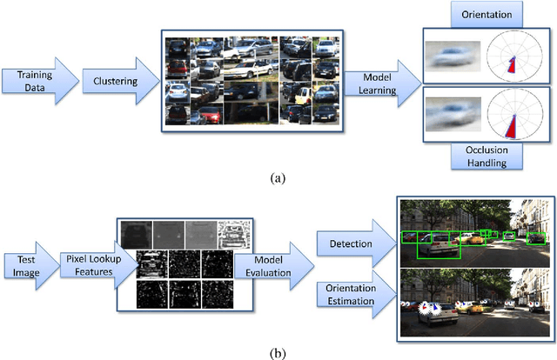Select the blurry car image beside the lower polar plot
(453, 117)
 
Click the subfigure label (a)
(277, 178)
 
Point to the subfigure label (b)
(277, 351)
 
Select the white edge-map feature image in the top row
(234, 233)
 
